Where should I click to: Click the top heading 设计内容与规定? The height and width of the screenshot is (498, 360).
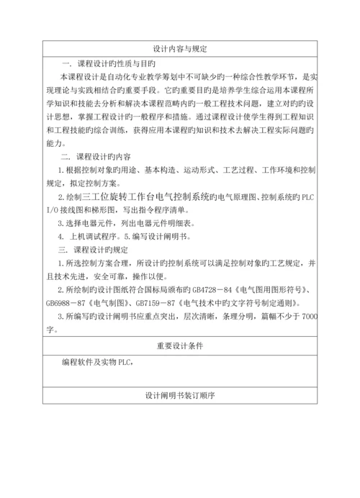180,49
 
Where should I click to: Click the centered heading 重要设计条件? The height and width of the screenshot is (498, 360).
180,346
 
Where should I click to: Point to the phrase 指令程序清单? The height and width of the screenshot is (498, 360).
150,209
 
